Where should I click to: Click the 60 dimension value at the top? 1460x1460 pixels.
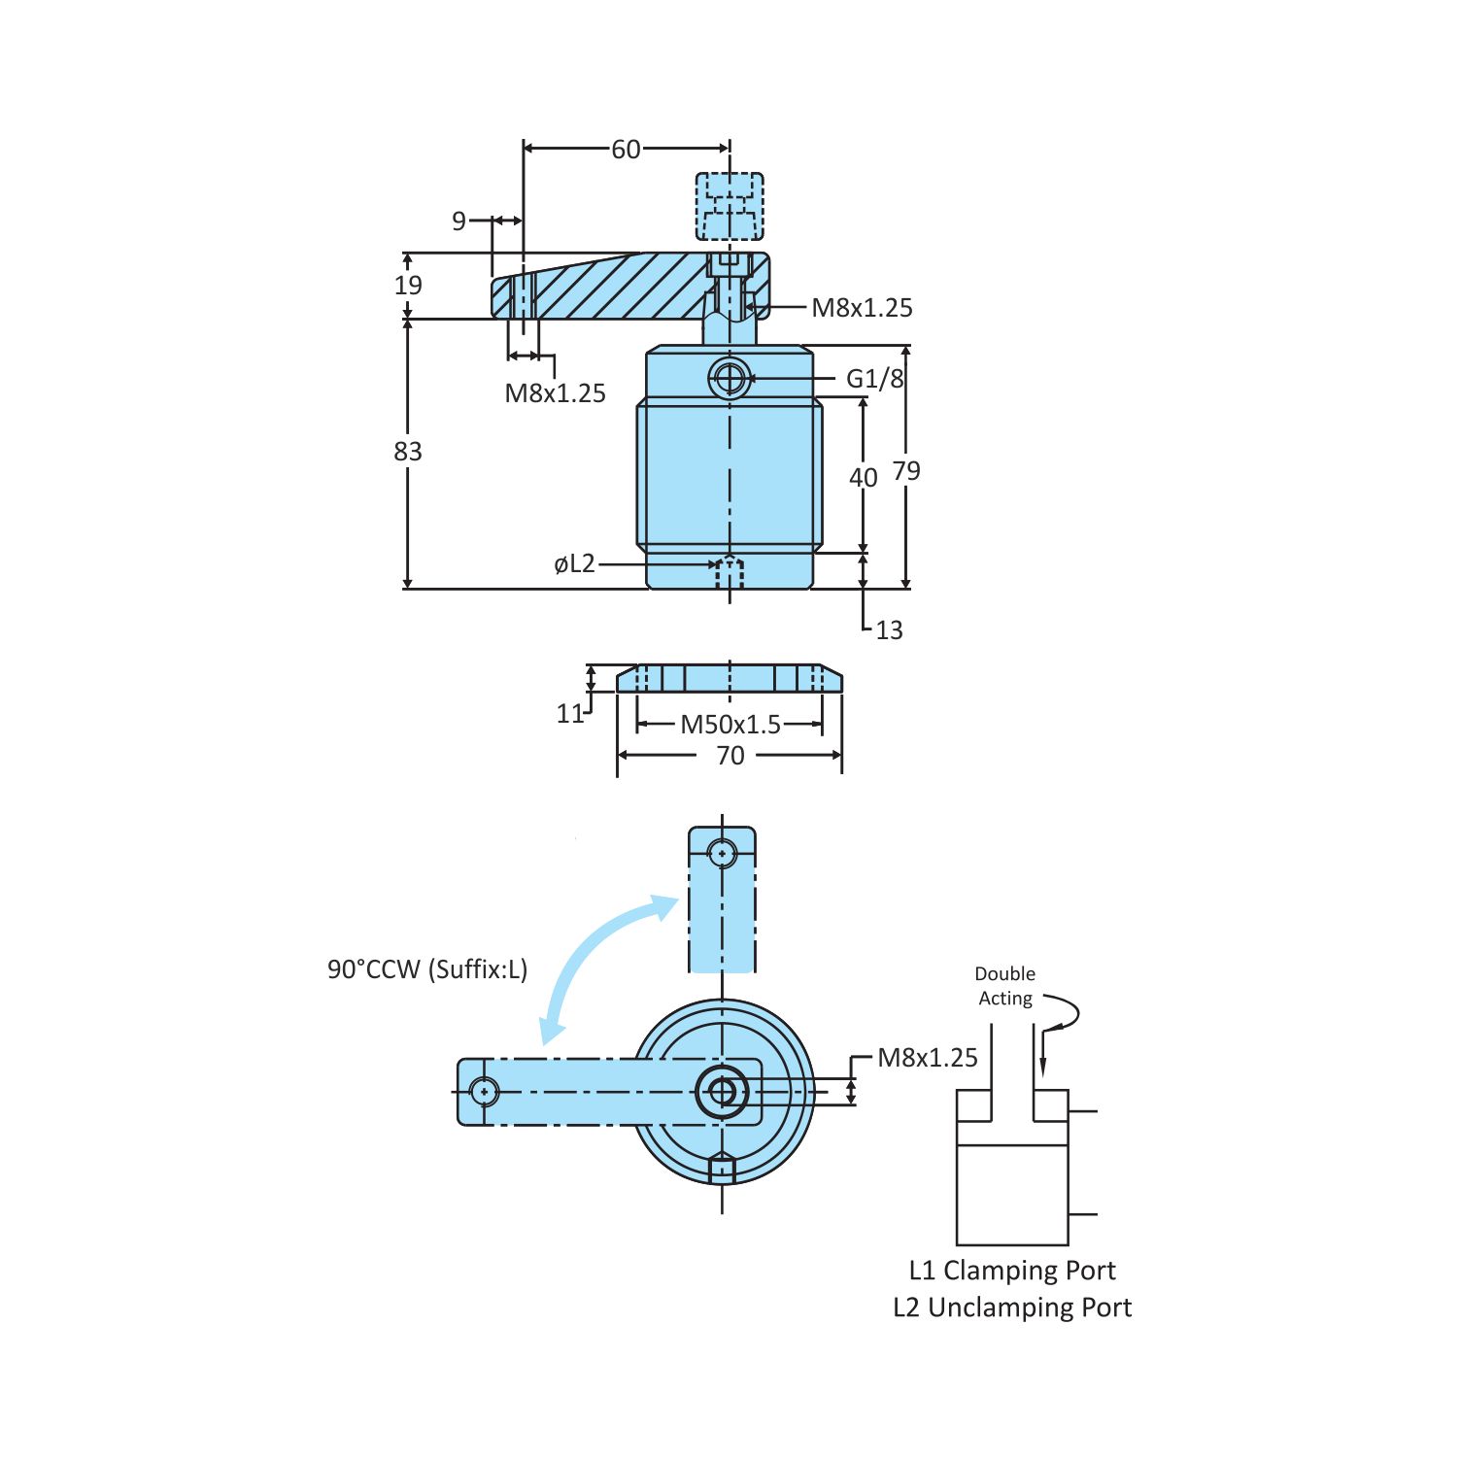click(x=626, y=150)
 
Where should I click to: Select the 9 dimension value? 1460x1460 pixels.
click(x=459, y=221)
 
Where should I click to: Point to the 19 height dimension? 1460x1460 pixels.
click(x=408, y=286)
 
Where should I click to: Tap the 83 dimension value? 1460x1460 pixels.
click(x=408, y=452)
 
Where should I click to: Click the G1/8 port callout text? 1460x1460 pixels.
click(x=874, y=379)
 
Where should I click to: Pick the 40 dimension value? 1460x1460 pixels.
click(x=863, y=478)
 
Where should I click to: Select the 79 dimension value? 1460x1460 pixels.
click(x=906, y=471)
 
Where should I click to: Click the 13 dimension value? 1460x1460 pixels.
click(x=889, y=630)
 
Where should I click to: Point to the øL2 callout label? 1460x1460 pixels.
click(x=574, y=564)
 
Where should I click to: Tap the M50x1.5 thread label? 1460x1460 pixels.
click(x=730, y=725)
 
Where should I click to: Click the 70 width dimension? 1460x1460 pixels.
click(x=730, y=756)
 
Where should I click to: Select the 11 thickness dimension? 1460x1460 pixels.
click(x=570, y=714)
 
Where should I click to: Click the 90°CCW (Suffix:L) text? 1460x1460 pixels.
click(x=427, y=969)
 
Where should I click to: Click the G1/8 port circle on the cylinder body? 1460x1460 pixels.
click(x=730, y=379)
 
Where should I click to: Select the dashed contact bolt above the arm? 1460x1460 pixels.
click(x=730, y=206)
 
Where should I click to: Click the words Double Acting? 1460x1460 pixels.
click(x=1005, y=986)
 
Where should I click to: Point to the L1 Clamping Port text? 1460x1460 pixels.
click(x=1012, y=1271)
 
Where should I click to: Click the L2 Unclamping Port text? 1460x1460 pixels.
click(x=1012, y=1307)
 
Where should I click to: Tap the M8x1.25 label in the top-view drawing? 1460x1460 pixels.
click(x=928, y=1058)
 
